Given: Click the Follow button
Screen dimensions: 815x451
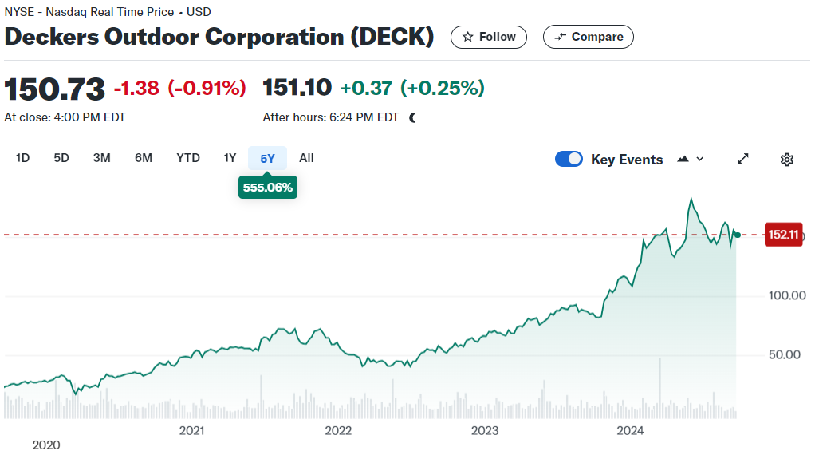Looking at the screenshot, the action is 489,37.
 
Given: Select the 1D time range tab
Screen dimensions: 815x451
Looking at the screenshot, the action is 22,158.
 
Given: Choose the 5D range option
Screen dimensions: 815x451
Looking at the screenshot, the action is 61,158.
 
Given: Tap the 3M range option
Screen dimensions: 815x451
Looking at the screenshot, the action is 102,158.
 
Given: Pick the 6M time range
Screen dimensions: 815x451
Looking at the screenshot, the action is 144,158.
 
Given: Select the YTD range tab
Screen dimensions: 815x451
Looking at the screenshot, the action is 188,158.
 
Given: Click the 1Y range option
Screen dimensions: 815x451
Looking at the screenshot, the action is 230,158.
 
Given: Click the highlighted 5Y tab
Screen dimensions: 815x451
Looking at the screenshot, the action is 267,158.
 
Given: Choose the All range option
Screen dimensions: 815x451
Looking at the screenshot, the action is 307,158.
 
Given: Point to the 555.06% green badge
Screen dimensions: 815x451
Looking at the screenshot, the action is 268,188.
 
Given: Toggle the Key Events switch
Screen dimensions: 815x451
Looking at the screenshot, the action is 569,159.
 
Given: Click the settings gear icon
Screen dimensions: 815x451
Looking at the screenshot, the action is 787,159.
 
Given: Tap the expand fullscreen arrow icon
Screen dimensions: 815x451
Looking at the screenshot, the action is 742,159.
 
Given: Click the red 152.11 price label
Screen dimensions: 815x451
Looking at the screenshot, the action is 783,235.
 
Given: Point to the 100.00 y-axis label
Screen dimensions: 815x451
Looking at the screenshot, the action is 787,295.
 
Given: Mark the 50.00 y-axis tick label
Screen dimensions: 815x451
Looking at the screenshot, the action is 785,354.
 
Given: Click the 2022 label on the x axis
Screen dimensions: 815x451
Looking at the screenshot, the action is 338,431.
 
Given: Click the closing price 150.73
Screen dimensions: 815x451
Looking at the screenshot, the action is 54,89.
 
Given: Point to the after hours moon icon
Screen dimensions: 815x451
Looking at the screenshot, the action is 413,117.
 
